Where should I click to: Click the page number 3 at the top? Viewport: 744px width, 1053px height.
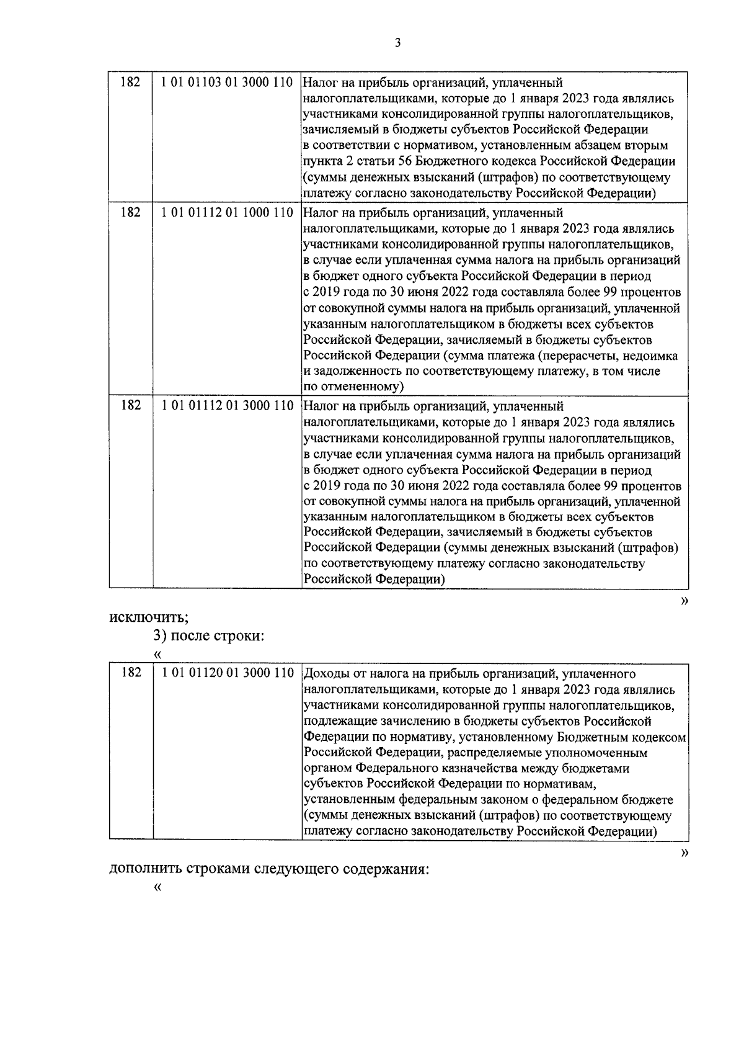click(398, 42)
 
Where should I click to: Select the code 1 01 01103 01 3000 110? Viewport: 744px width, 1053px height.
click(226, 83)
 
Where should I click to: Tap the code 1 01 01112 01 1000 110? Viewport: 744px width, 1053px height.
click(226, 213)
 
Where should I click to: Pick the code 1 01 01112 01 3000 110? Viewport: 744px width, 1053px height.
click(226, 406)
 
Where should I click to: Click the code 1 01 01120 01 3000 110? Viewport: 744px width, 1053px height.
click(226, 673)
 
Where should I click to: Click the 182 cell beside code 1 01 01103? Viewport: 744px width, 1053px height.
click(130, 83)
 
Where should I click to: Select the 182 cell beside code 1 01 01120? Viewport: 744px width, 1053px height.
click(130, 673)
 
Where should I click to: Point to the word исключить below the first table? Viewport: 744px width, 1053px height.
click(148, 617)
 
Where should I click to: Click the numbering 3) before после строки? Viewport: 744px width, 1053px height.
click(160, 636)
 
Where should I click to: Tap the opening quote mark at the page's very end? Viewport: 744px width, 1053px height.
click(157, 887)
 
